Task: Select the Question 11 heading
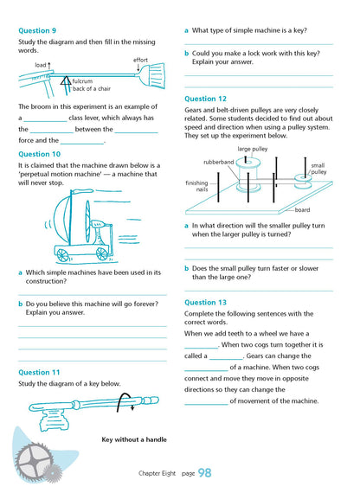pos(39,372)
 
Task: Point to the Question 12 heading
pos(206,99)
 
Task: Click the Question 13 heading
pos(206,303)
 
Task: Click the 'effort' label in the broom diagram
pos(140,60)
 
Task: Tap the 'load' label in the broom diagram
pos(42,65)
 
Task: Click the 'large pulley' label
pos(253,149)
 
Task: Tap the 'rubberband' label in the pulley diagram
pos(218,162)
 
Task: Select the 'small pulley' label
pos(318,168)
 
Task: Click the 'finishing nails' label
pos(196,186)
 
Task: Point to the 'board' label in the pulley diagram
pos(302,209)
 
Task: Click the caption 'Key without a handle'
pos(134,439)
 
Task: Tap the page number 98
pos(204,472)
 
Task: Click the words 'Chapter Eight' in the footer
pos(159,473)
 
